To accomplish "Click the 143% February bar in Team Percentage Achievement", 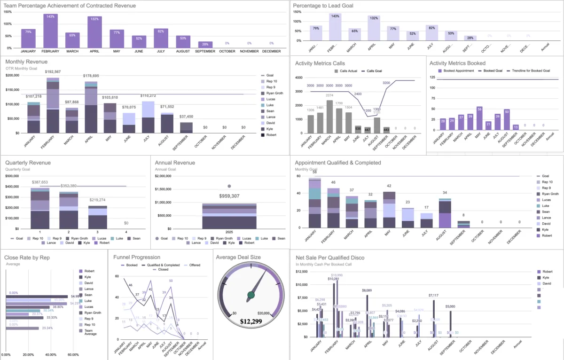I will point(50,31).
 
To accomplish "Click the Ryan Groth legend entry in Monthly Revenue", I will point(274,93).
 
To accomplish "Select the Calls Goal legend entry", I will point(374,71).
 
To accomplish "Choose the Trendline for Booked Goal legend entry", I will point(527,71).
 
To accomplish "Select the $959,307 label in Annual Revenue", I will point(229,196).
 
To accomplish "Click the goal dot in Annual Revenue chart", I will point(229,186).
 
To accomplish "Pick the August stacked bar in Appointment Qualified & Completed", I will point(445,214).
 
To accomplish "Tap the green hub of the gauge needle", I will point(251,295).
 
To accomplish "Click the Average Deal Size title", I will point(244,257).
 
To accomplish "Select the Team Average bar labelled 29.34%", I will point(22,328).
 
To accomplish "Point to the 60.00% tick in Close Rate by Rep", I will point(73,354).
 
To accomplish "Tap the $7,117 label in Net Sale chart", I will point(433,295).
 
